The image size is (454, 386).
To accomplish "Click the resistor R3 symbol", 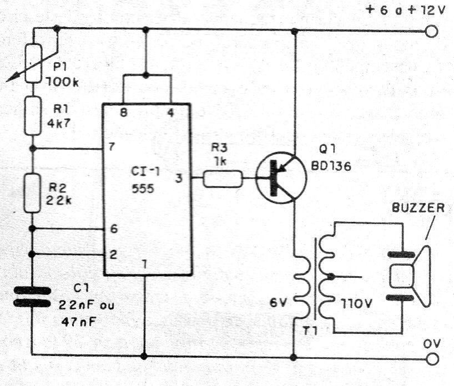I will (223, 179).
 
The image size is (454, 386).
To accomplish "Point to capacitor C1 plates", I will (33, 296).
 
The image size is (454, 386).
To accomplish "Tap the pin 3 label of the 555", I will (179, 178).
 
